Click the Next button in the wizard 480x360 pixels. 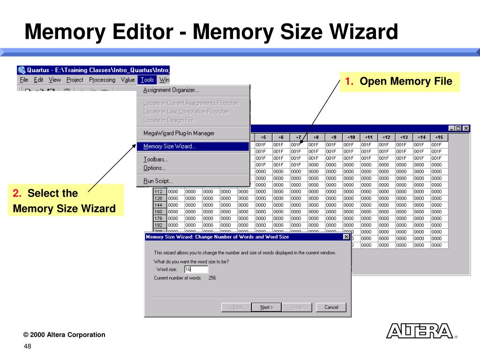pyautogui.click(x=266, y=307)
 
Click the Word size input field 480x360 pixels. pyautogui.click(x=196, y=270)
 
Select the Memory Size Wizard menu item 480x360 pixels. pyautogui.click(x=170, y=146)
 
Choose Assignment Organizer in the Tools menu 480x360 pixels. pyautogui.click(x=171, y=90)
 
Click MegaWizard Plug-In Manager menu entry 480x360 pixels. pyautogui.click(x=179, y=133)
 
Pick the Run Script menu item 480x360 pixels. pyautogui.click(x=158, y=180)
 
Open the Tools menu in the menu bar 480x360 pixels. pyautogui.click(x=147, y=80)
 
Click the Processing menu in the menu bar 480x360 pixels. pyautogui.click(x=102, y=80)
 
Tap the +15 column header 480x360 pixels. pyautogui.click(x=438, y=137)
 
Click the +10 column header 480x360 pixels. pyautogui.click(x=351, y=137)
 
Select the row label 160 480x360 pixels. pyautogui.click(x=158, y=211)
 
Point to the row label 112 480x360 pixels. pyautogui.click(x=158, y=192)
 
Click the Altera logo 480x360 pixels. pyautogui.click(x=420, y=330)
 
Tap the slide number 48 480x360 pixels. pyautogui.click(x=28, y=346)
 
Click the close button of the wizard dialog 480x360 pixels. pyautogui.click(x=346, y=237)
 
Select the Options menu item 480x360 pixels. pyautogui.click(x=154, y=168)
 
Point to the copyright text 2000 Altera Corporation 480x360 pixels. pyautogui.click(x=64, y=335)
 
